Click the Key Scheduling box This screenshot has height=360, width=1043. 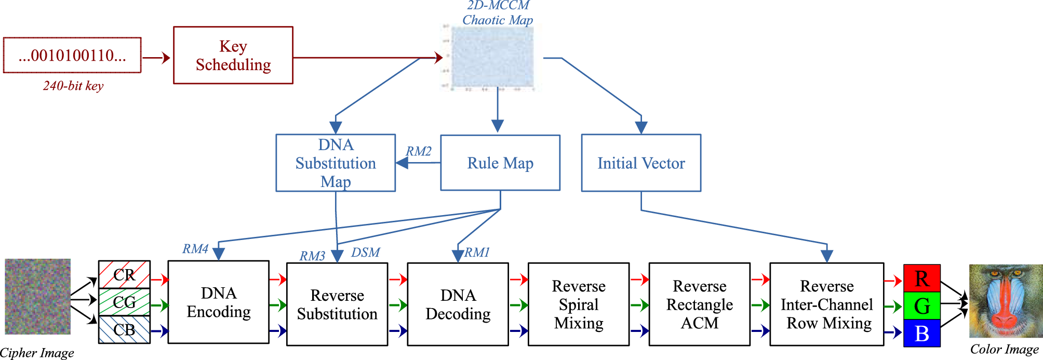(x=233, y=55)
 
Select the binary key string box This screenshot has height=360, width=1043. (x=72, y=55)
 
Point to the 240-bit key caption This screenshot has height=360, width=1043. (x=73, y=86)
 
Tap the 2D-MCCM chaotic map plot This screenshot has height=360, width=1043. (x=492, y=57)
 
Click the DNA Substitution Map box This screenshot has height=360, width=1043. (x=336, y=163)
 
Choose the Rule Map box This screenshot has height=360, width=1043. (x=500, y=163)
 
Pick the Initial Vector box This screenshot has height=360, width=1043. (x=641, y=163)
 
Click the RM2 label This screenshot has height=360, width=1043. (x=419, y=151)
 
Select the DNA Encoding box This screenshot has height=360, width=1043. (x=219, y=302)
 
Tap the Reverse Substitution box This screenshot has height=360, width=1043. (x=337, y=304)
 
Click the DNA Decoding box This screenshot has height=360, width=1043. (x=458, y=304)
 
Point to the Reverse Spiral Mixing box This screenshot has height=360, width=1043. (x=579, y=304)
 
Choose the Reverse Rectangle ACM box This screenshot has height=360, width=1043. (x=699, y=304)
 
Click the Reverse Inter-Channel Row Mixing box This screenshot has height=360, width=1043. (x=826, y=304)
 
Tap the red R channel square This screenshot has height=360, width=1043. (x=922, y=278)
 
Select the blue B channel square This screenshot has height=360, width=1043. (x=922, y=334)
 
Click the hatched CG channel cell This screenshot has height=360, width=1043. (x=124, y=302)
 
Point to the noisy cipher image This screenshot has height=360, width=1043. (x=38, y=297)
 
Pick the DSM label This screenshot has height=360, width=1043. (x=366, y=252)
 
